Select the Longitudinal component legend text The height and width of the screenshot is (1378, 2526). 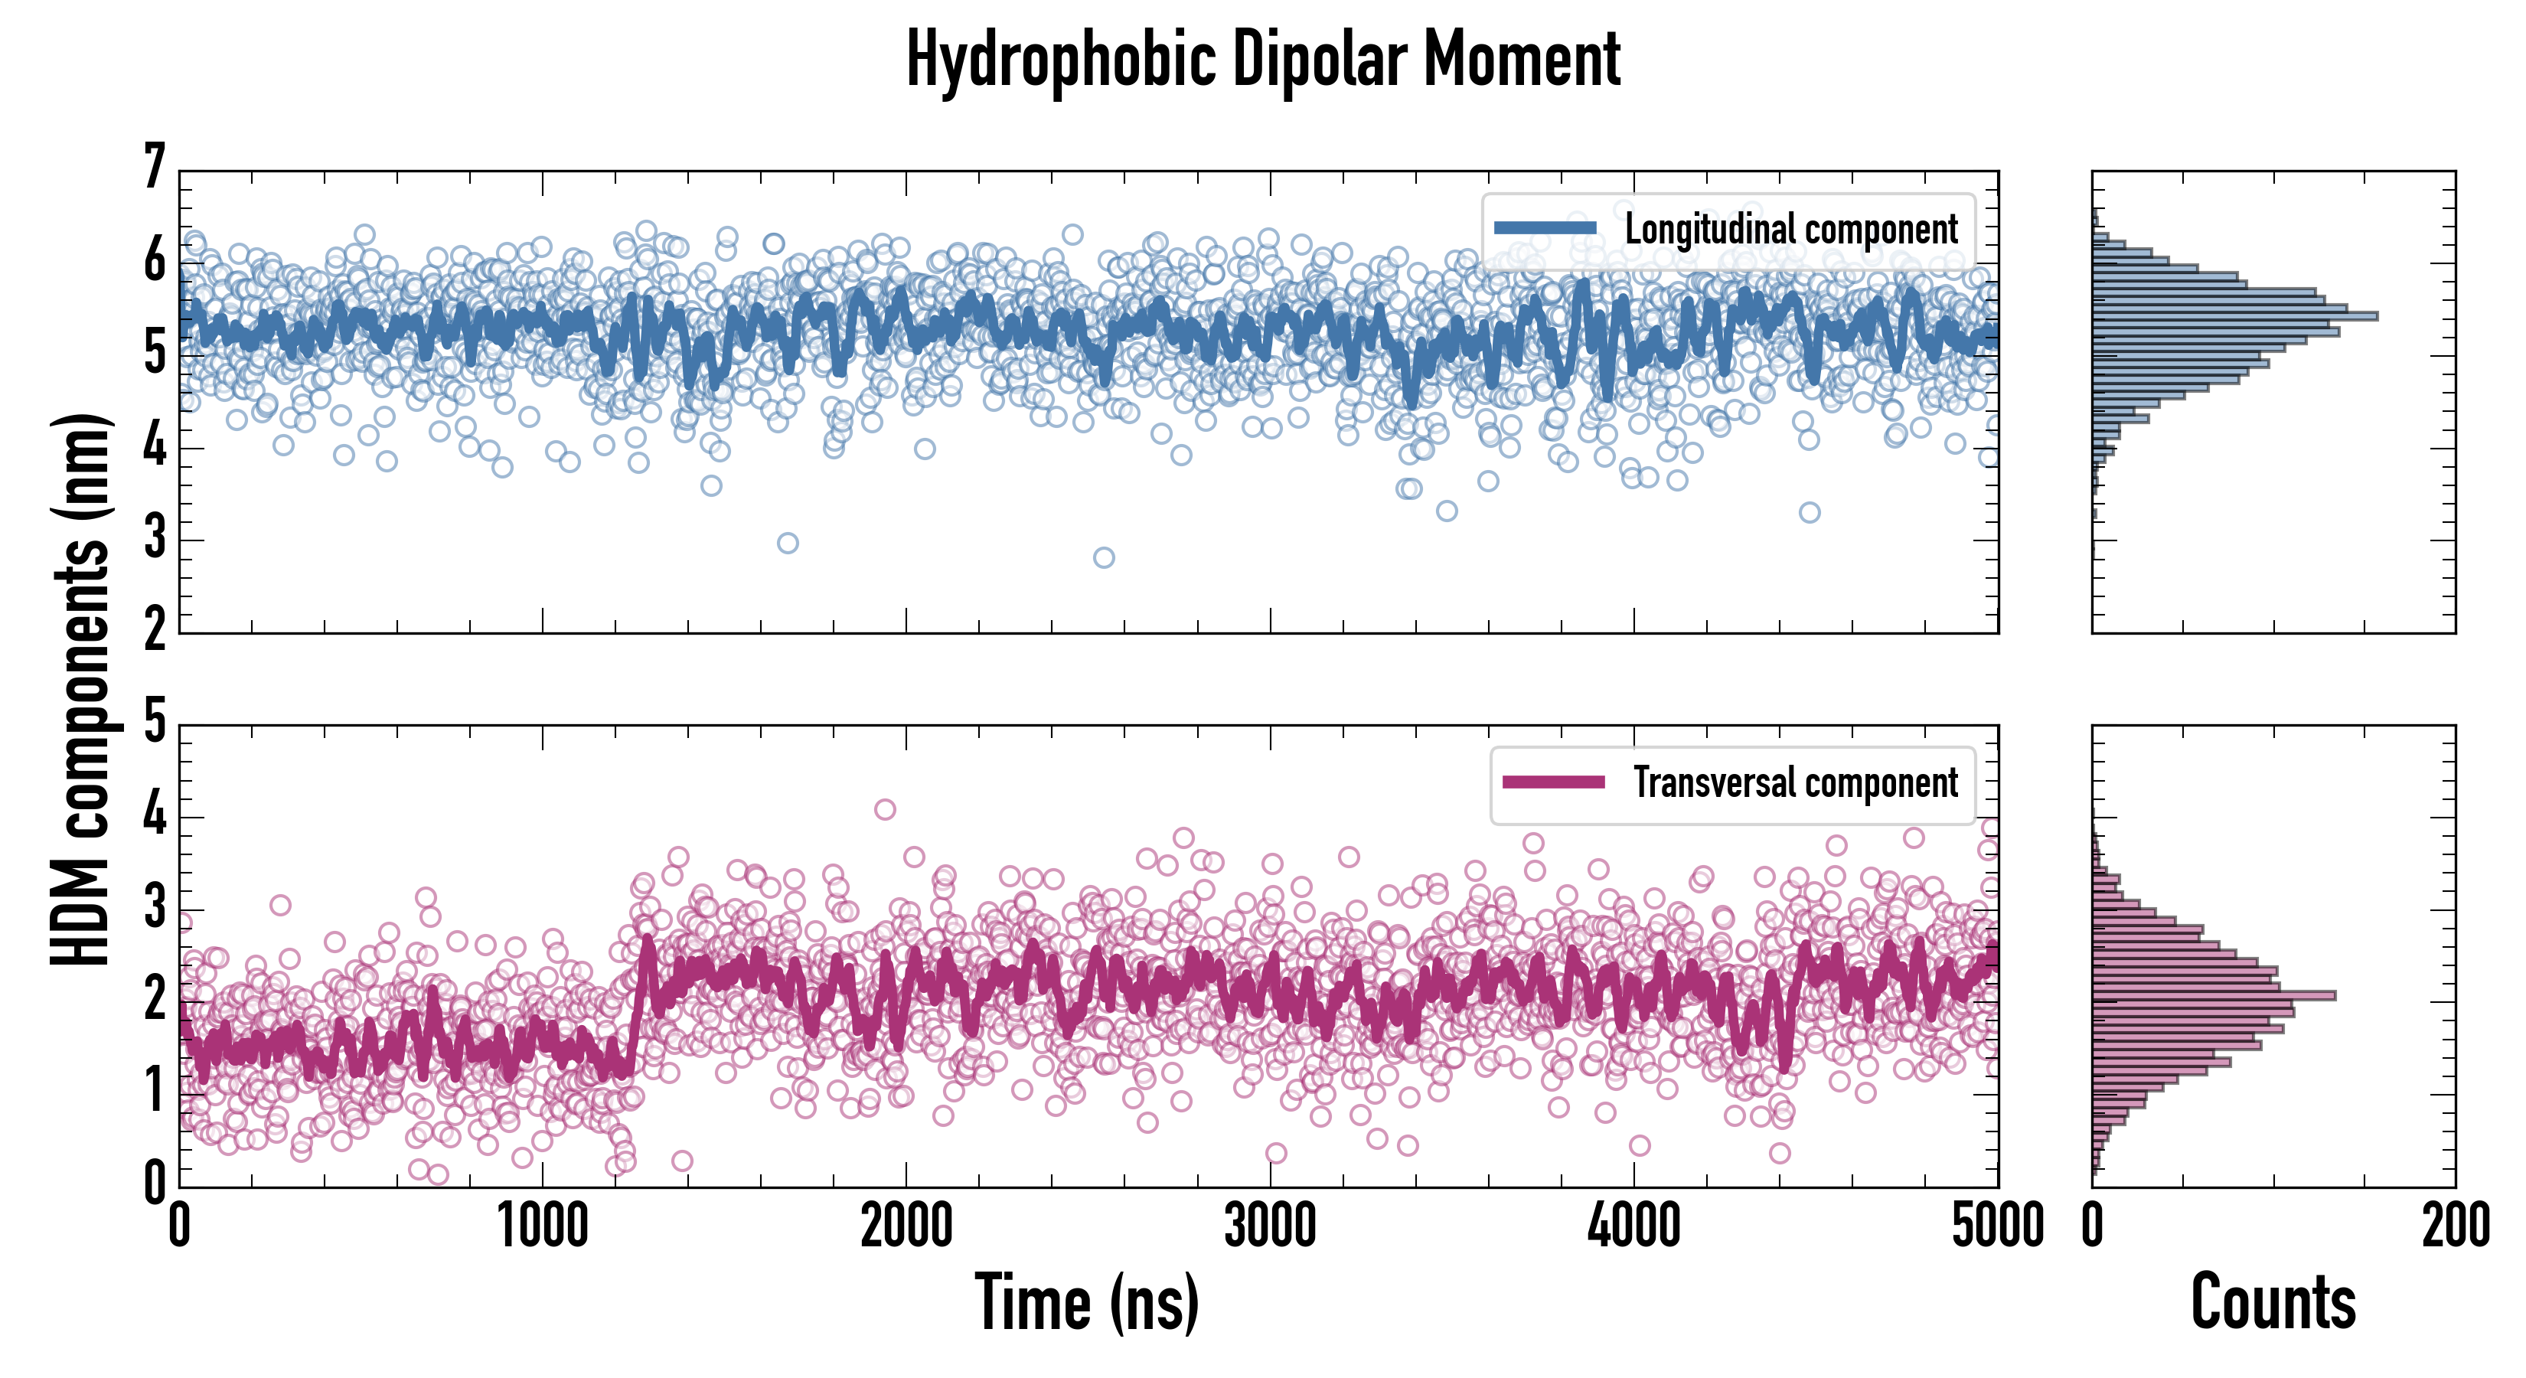(x=1790, y=230)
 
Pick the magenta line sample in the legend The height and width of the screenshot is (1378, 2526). (x=1553, y=782)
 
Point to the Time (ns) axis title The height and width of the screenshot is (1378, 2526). (x=1086, y=1302)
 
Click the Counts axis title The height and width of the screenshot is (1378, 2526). (x=2273, y=1302)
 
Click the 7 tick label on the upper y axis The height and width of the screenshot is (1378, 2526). (x=154, y=167)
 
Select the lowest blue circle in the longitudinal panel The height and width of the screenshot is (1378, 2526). (x=1103, y=558)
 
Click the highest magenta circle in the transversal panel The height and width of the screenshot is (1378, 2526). (x=885, y=809)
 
